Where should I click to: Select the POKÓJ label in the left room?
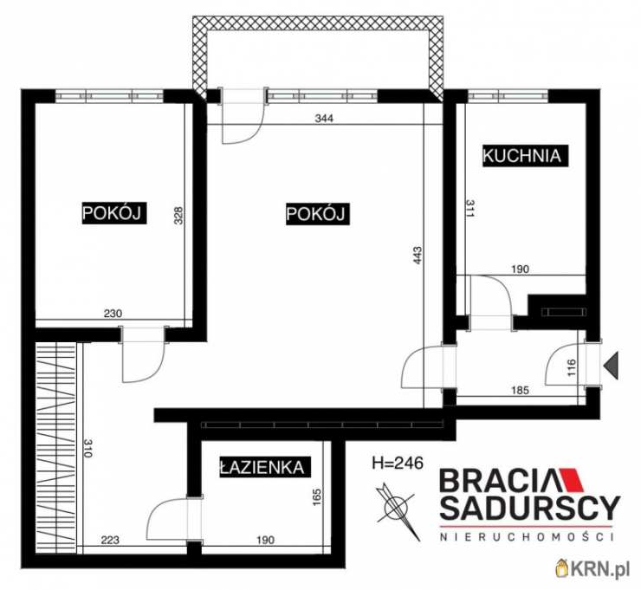tap(114, 212)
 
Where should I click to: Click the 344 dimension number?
tap(324, 118)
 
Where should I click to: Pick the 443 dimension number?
tap(418, 255)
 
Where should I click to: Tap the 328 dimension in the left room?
tap(178, 216)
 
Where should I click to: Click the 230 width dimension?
tap(113, 314)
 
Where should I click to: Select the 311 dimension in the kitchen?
tap(469, 208)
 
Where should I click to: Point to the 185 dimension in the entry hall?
tap(520, 390)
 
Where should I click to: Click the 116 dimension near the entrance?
tap(571, 367)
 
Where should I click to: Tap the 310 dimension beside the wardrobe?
tap(87, 448)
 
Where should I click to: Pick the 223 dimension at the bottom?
tap(110, 540)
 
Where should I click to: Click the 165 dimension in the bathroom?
tap(316, 497)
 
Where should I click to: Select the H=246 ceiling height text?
tap(398, 464)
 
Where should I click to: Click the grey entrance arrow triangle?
tap(612, 365)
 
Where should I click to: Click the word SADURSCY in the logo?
tap(530, 508)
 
